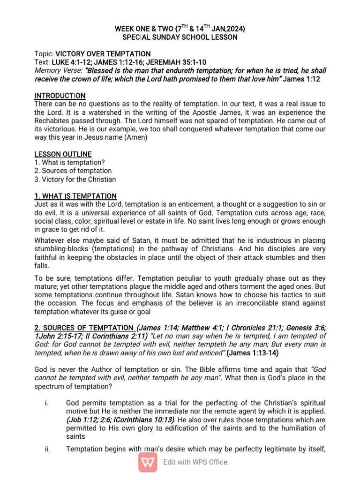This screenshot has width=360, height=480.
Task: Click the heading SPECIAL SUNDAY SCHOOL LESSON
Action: point(180,37)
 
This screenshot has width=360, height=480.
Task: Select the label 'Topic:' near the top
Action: point(45,54)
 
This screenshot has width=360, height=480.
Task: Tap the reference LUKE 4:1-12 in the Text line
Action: point(69,62)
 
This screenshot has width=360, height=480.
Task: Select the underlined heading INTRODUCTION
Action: point(60,96)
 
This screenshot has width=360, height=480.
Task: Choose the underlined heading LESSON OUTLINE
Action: point(63,154)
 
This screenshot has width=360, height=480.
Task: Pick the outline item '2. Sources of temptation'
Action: point(73,171)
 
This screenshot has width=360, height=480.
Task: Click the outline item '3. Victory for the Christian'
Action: point(75,179)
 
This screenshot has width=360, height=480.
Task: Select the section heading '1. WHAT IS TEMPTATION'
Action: point(75,196)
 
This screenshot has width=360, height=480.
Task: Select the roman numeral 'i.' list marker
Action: point(48,403)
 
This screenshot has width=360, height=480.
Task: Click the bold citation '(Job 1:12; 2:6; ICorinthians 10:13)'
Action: point(121,420)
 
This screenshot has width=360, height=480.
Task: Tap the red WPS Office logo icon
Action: point(148,462)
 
